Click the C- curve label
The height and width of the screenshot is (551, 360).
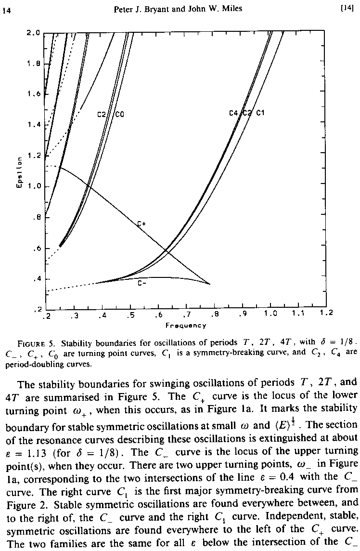(x=142, y=283)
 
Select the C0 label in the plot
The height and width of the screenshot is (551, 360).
(x=120, y=115)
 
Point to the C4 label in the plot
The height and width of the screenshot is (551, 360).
(x=234, y=113)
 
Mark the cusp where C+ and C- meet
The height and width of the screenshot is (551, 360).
(x=210, y=284)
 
